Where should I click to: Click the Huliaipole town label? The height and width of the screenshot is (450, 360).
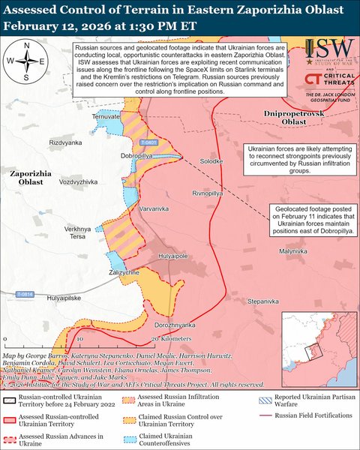[x=172, y=256]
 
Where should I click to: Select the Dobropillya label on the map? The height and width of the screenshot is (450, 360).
[x=116, y=155]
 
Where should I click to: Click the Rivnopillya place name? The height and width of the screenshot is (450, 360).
[x=207, y=193]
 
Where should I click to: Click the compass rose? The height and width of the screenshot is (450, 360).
[x=26, y=61]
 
